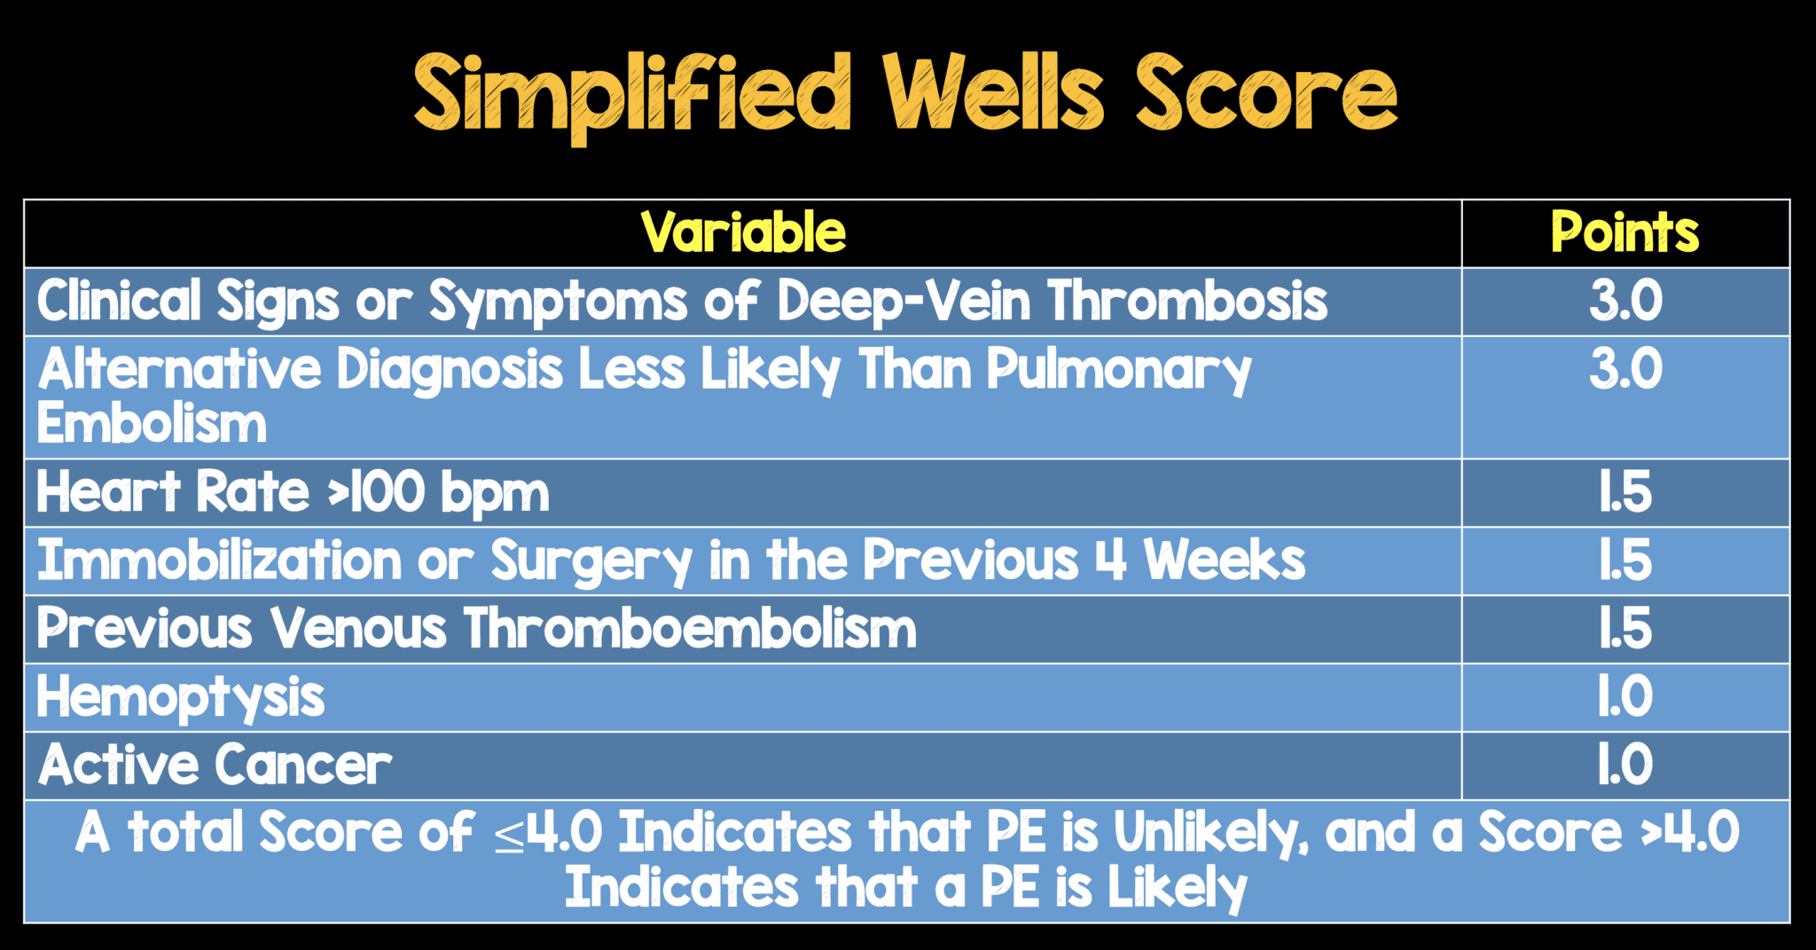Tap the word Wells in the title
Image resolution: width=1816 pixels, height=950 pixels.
click(x=992, y=94)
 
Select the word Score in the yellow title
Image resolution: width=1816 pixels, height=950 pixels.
click(x=1265, y=94)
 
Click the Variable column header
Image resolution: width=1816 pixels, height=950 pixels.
click(x=743, y=233)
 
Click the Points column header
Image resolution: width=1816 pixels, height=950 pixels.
click(x=1624, y=233)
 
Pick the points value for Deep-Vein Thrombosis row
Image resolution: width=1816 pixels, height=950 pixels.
click(x=1624, y=302)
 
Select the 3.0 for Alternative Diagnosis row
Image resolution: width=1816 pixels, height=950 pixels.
click(x=1624, y=369)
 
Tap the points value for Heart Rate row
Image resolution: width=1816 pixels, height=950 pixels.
click(x=1624, y=493)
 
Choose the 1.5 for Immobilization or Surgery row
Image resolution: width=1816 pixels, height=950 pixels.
click(x=1624, y=561)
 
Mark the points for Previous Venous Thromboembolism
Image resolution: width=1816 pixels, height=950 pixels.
click(x=1624, y=629)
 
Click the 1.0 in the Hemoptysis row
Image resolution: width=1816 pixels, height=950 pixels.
click(x=1624, y=697)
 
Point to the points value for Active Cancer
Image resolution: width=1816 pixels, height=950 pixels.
click(x=1624, y=765)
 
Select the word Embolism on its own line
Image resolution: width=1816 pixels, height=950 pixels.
click(x=152, y=424)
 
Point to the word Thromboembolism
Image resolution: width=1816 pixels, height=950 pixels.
click(x=690, y=629)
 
